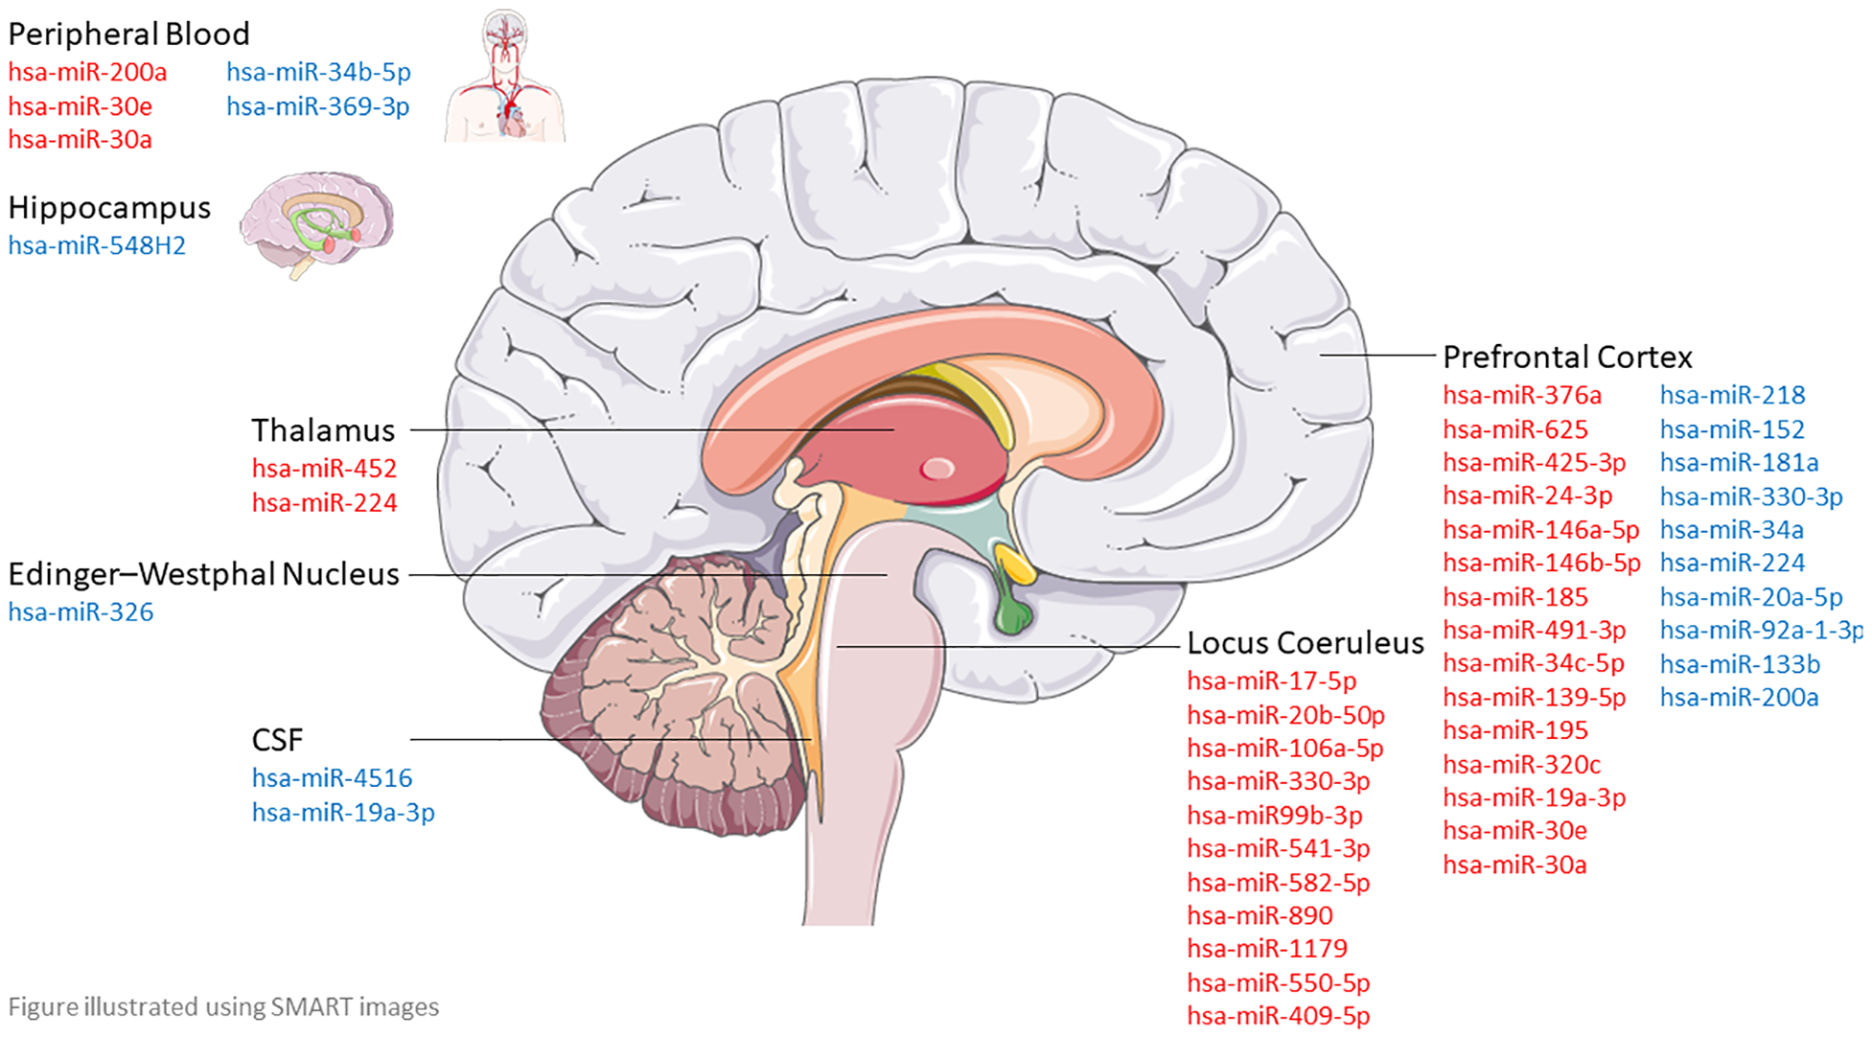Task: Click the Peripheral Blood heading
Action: coord(128,35)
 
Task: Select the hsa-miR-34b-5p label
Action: coord(318,72)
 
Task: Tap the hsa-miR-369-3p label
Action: coord(317,106)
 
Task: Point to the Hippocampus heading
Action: coord(109,208)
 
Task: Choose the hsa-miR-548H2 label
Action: coord(97,246)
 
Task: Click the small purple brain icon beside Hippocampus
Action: coord(316,222)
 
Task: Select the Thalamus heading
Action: coord(323,430)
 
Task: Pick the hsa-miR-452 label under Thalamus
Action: coord(324,469)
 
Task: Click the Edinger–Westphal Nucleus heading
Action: coord(203,574)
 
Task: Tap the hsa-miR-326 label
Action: coord(81,612)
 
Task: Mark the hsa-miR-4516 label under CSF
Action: coord(332,778)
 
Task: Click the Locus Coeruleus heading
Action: coord(1305,643)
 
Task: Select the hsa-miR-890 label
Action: coord(1260,915)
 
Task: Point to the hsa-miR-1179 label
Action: coord(1266,949)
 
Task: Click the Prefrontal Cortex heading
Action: coord(1567,358)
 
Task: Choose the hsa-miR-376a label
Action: coord(1521,395)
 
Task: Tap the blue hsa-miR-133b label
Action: coord(1739,664)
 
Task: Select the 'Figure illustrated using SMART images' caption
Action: coord(223,1007)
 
